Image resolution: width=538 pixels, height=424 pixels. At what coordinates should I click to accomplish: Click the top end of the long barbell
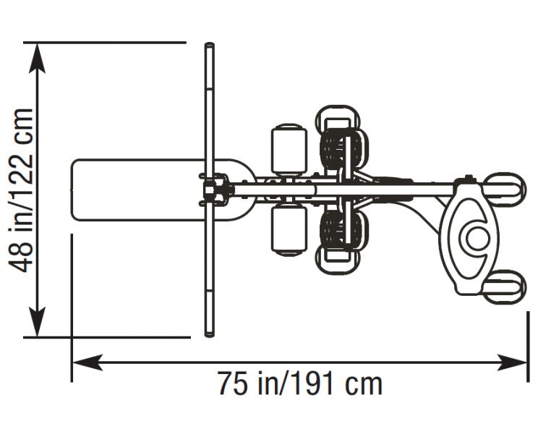209,48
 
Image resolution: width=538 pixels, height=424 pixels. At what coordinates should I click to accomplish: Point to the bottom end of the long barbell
209,334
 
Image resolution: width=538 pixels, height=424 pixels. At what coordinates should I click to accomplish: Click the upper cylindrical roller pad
289,151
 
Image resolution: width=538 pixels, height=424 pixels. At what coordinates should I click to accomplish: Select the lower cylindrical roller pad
289,230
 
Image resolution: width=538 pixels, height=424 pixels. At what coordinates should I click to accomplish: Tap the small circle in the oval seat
476,236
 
